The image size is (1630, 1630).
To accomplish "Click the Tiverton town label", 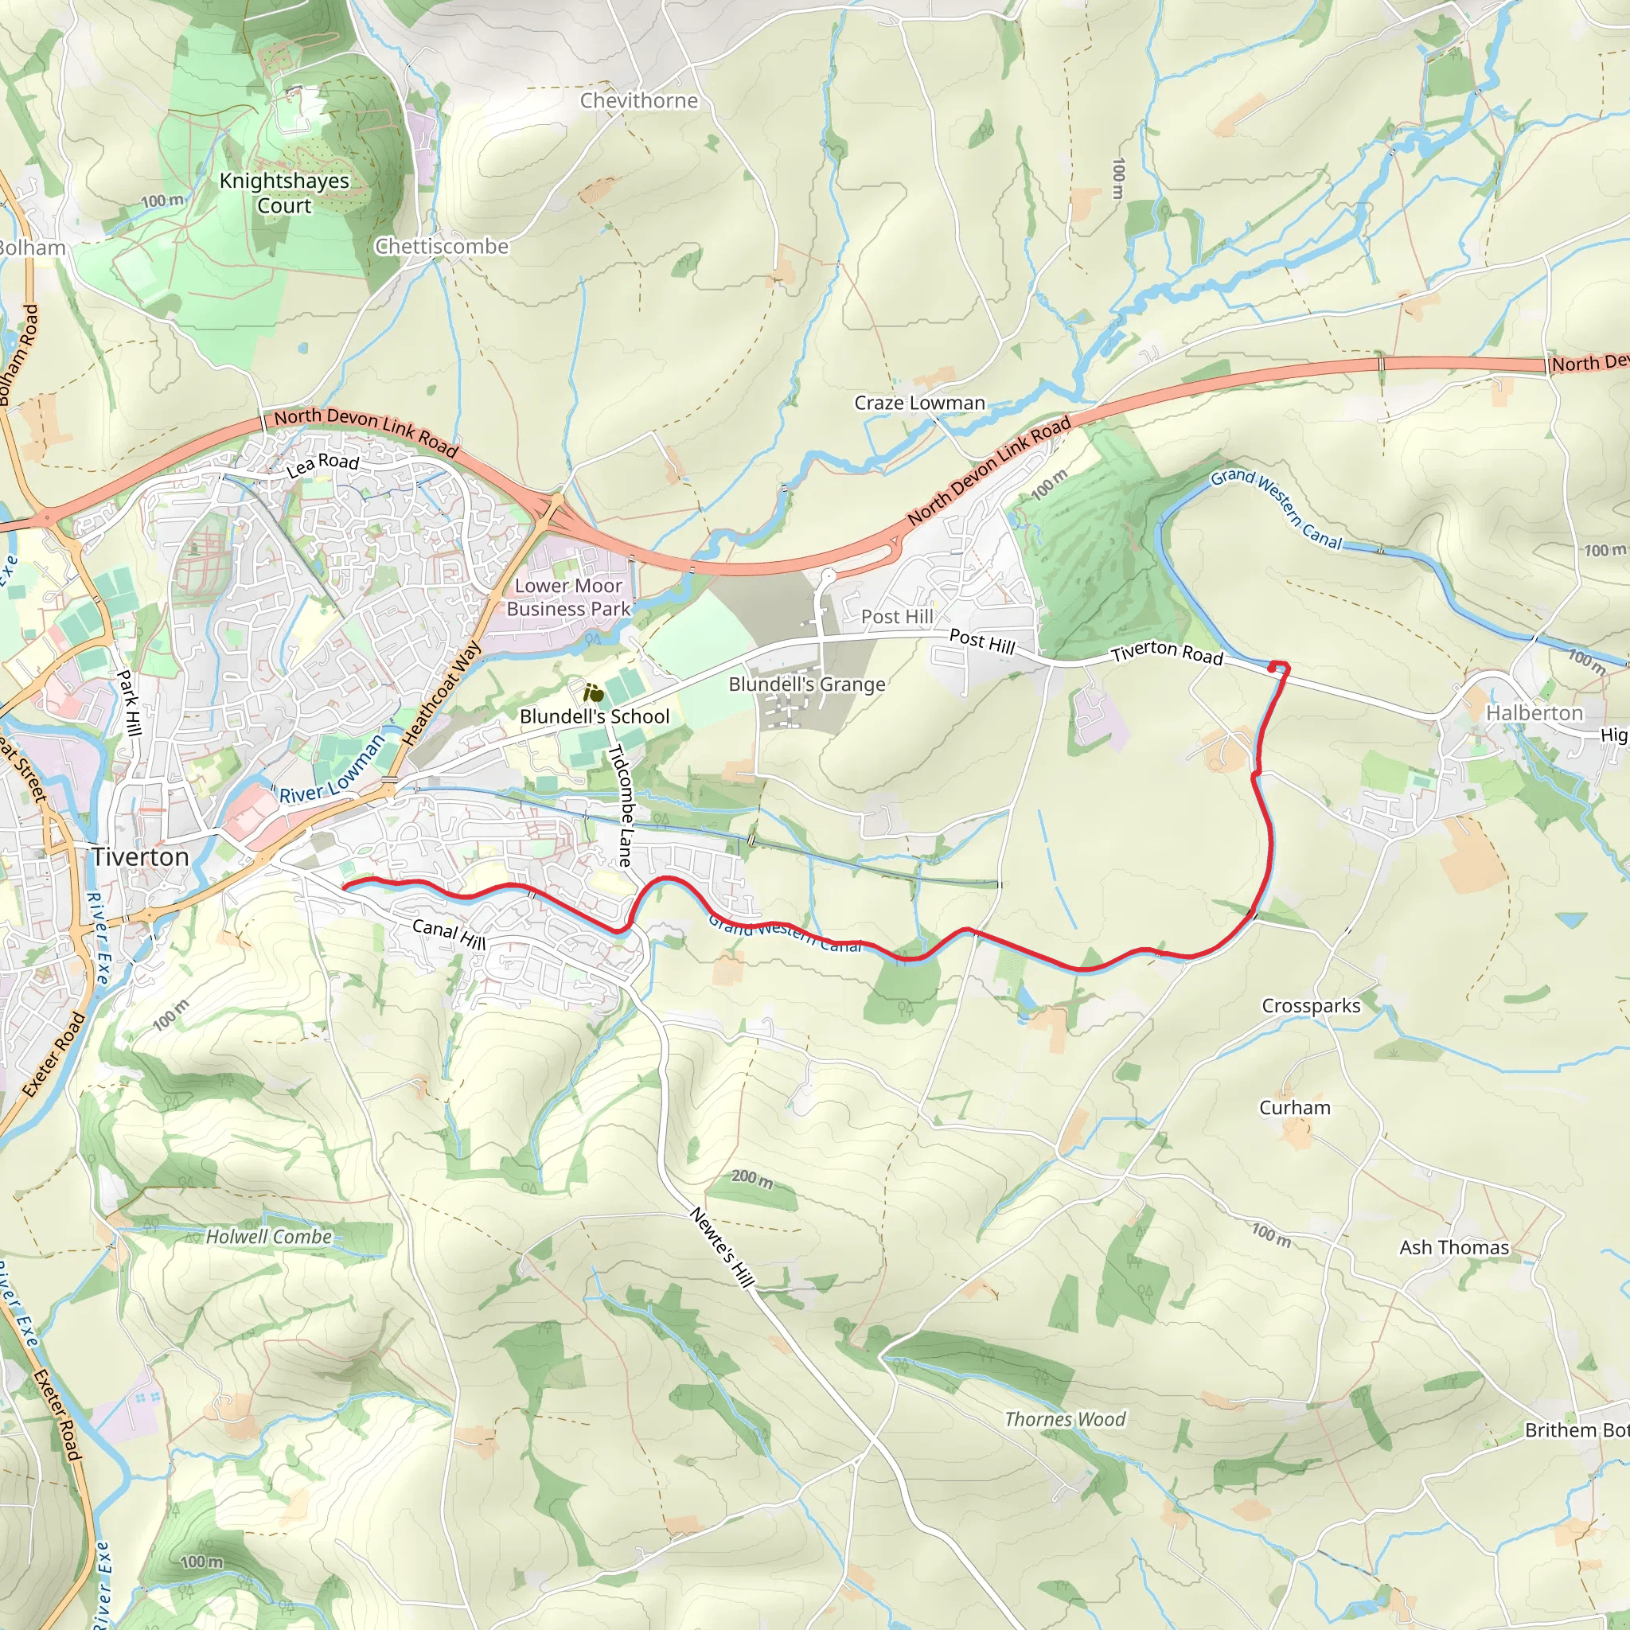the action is (140, 857).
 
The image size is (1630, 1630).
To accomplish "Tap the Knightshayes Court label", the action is (284, 193).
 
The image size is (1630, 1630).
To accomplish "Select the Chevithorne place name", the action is (638, 100).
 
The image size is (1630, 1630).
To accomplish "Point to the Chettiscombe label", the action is (441, 247).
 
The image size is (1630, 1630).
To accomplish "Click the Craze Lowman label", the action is (918, 404).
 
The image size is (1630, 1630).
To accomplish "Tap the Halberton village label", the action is (1534, 713).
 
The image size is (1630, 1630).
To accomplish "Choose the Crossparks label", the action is (1310, 1006).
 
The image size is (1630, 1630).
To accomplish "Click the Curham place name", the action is (1294, 1108).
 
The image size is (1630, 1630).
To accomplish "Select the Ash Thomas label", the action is (1453, 1247).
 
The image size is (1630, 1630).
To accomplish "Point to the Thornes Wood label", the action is (1065, 1419).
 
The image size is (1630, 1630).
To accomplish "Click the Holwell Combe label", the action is (268, 1237).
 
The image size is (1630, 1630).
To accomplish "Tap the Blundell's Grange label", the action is (806, 684).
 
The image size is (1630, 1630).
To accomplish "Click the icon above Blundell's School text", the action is (593, 693).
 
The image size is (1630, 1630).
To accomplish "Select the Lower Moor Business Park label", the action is (567, 598).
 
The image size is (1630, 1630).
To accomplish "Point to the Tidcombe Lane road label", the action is (621, 805).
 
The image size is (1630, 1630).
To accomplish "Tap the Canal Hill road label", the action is (449, 934).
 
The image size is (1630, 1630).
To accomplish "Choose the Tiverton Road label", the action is (1166, 654).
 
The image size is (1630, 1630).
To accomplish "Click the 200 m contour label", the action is (751, 1178).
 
